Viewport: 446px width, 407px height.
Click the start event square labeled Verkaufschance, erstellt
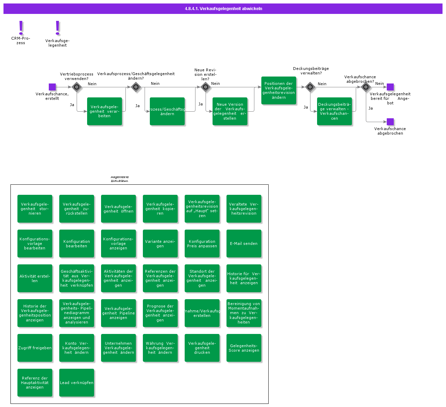pos(52,87)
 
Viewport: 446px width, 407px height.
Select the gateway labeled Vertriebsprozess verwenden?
pos(77,87)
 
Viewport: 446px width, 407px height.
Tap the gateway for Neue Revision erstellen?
pos(206,87)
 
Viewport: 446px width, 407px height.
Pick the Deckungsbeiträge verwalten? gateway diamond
pos(310,87)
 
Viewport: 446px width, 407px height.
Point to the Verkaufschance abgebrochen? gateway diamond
pos(366,87)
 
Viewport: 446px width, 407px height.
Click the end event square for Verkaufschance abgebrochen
pos(390,122)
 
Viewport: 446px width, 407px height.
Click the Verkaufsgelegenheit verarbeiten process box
pos(105,111)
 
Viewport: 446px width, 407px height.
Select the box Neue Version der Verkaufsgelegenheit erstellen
pos(230,111)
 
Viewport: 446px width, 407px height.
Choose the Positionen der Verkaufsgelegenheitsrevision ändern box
pos(279,90)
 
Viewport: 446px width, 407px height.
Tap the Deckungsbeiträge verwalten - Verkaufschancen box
pos(334,111)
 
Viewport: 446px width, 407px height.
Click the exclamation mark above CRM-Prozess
pos(21,27)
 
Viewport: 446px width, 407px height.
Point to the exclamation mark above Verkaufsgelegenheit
pos(57,28)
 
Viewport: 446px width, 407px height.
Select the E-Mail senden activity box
pos(244,244)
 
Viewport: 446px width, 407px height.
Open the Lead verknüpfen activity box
pos(77,383)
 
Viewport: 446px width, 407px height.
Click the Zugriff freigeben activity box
pos(35,348)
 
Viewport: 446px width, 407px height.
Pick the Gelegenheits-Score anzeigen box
pos(244,348)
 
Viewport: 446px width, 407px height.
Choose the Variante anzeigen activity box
pos(160,244)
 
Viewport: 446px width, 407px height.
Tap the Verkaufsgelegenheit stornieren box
pos(35,209)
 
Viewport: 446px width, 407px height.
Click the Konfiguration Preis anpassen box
pos(202,244)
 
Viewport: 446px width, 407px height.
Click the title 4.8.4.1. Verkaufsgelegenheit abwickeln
pos(223,9)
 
